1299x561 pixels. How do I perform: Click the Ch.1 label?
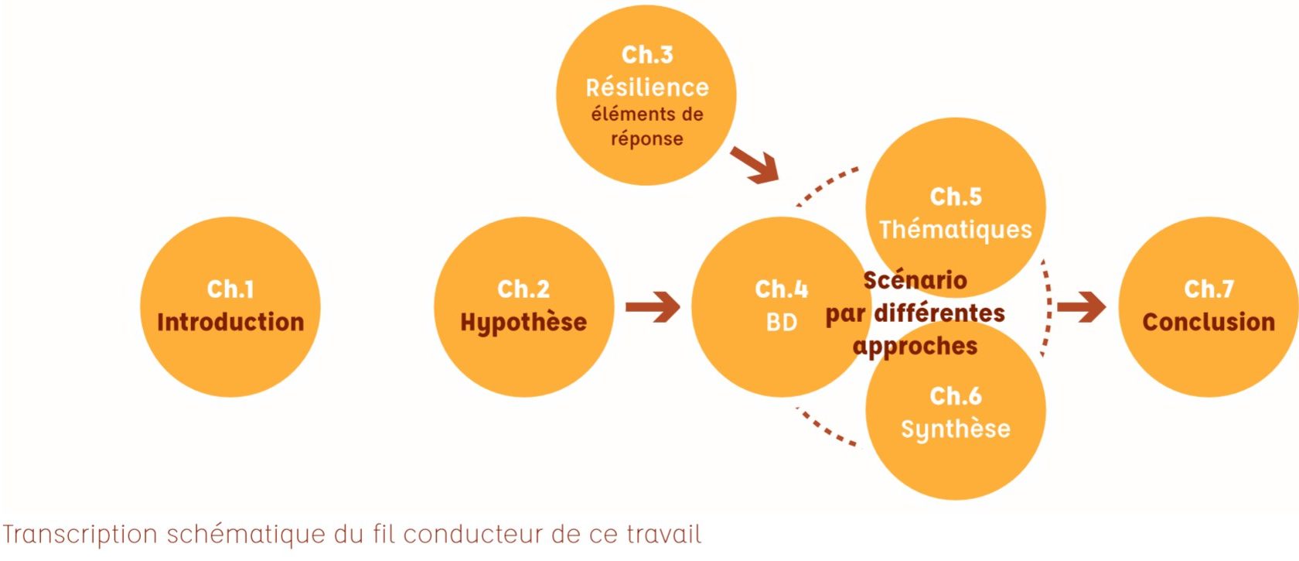(x=230, y=289)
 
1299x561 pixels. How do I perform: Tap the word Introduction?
(x=230, y=322)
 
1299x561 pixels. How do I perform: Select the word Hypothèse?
(x=523, y=322)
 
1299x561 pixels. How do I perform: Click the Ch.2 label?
(x=523, y=289)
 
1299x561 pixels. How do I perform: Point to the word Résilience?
(x=647, y=87)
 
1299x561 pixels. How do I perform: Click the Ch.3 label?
(x=647, y=55)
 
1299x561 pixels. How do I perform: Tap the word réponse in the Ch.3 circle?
(x=647, y=139)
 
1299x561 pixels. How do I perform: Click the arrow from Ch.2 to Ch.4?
(x=653, y=307)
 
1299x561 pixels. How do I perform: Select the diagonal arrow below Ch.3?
(x=755, y=166)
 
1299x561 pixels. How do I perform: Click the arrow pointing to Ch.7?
(x=1082, y=307)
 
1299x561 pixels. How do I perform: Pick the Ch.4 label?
(x=781, y=289)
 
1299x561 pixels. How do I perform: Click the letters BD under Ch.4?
(x=781, y=322)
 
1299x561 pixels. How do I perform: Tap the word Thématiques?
(x=956, y=230)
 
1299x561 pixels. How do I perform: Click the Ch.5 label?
(x=956, y=197)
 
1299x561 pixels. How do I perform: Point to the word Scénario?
(x=915, y=280)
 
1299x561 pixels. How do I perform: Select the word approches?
(x=915, y=346)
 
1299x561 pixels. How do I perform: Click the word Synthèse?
(x=956, y=429)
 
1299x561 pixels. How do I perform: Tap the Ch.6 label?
(x=956, y=396)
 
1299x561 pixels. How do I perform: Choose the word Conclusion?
(x=1209, y=322)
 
